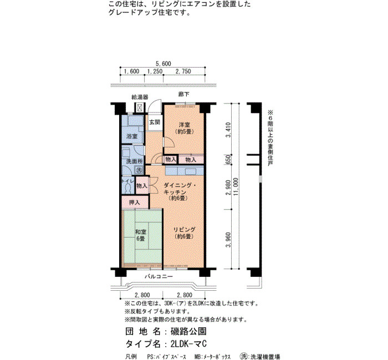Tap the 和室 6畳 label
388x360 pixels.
click(x=141, y=235)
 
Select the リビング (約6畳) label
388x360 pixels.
click(x=184, y=233)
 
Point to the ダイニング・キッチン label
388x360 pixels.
click(x=178, y=188)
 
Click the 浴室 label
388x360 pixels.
click(x=132, y=136)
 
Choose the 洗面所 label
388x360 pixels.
click(x=134, y=162)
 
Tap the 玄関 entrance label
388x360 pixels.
click(x=155, y=122)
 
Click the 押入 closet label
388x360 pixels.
click(x=135, y=203)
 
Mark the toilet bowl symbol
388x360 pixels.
click(x=128, y=189)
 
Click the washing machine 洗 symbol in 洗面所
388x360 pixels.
click(x=139, y=170)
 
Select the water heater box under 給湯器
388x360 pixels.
click(x=140, y=107)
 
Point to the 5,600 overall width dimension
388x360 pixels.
click(x=163, y=64)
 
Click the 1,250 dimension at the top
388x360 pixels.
click(x=155, y=71)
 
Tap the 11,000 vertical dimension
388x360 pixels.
click(x=236, y=187)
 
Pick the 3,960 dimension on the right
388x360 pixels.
click(x=228, y=240)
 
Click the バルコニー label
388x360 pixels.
click(x=159, y=276)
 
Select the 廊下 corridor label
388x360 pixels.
click(x=184, y=94)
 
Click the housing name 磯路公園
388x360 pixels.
click(x=188, y=331)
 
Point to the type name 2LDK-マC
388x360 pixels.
click(x=188, y=344)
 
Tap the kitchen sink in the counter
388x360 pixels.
click(x=190, y=171)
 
